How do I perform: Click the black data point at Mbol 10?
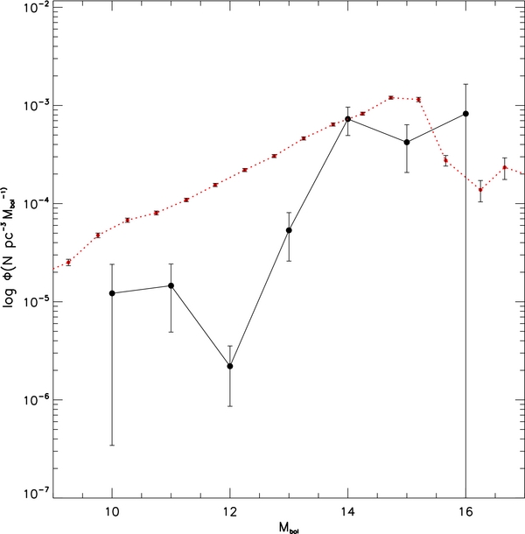(x=112, y=292)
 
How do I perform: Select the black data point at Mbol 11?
(x=171, y=285)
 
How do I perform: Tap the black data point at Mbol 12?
(x=229, y=366)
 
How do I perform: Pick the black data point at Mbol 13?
(x=289, y=230)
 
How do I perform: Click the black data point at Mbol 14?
(x=348, y=119)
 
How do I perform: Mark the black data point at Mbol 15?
(x=407, y=142)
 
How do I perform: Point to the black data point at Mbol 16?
(x=466, y=114)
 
